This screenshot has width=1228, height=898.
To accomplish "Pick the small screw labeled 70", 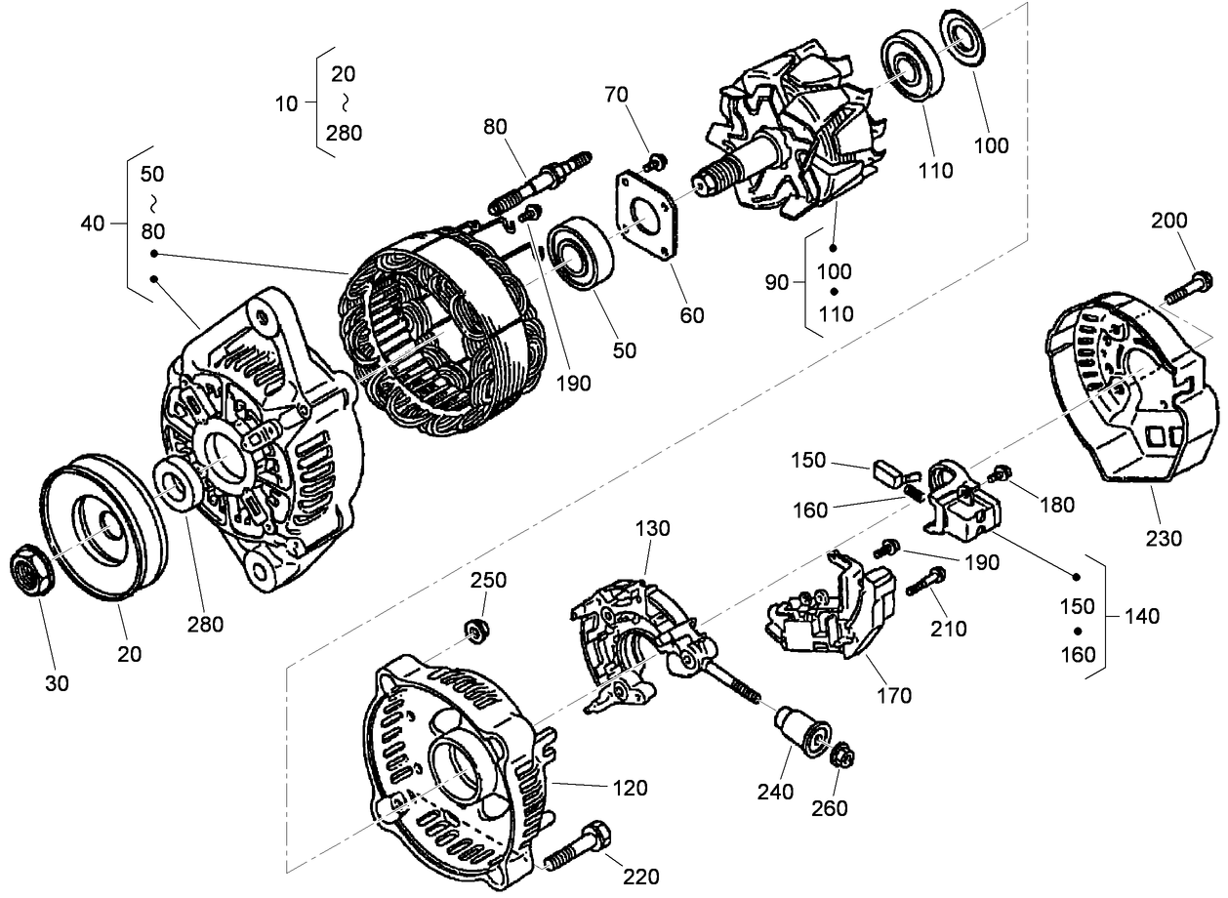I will pos(658,160).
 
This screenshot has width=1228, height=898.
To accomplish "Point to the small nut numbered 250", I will pos(477,630).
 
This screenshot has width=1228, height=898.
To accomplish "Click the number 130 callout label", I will pos(652,529).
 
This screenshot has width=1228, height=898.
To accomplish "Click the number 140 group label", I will pos(1141,616).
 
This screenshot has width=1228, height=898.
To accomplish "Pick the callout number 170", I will pos(893,696).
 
